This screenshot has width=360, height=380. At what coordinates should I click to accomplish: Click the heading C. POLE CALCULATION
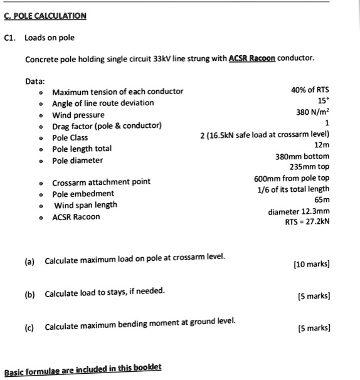(45, 16)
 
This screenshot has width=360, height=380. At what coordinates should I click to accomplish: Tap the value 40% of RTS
(310, 90)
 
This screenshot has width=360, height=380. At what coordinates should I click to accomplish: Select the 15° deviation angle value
(324, 102)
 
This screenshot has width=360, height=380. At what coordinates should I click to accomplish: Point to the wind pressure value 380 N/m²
(312, 113)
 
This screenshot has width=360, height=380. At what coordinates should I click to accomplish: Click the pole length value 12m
(322, 145)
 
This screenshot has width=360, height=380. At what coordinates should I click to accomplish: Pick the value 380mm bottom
(302, 156)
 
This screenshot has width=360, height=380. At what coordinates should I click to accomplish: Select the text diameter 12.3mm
(299, 211)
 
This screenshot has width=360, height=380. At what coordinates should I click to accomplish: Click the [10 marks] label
(312, 264)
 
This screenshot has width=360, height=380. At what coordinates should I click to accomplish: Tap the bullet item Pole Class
(70, 137)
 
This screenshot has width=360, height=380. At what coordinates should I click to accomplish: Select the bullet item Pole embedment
(83, 193)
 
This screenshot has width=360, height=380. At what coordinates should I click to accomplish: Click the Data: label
(35, 81)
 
